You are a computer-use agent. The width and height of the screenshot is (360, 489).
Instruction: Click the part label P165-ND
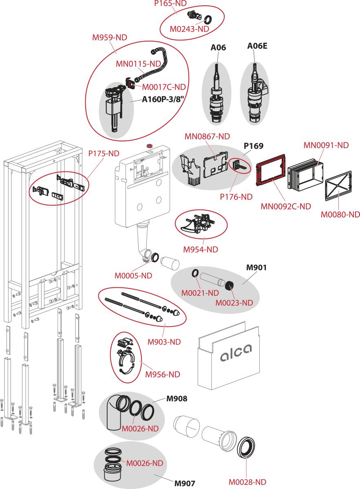[170, 3]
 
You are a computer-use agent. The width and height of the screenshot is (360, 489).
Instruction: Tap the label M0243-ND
[189, 29]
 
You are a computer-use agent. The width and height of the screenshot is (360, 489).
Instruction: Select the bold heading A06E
[257, 46]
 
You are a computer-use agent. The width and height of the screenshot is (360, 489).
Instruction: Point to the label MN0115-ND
[138, 64]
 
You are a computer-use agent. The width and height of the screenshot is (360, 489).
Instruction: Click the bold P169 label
[254, 146]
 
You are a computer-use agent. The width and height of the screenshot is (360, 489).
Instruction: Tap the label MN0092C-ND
[286, 206]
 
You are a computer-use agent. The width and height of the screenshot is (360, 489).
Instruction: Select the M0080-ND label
[340, 214]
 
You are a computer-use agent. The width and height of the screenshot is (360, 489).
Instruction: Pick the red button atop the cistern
[149, 145]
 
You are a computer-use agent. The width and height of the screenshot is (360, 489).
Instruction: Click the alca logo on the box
[236, 352]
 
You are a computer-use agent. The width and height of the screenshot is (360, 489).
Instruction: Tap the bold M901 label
[256, 268]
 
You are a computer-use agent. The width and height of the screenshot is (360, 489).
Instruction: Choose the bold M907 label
[185, 484]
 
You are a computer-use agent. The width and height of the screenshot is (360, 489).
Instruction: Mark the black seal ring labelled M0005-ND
[155, 258]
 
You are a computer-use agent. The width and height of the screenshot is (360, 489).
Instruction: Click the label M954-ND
[201, 249]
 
